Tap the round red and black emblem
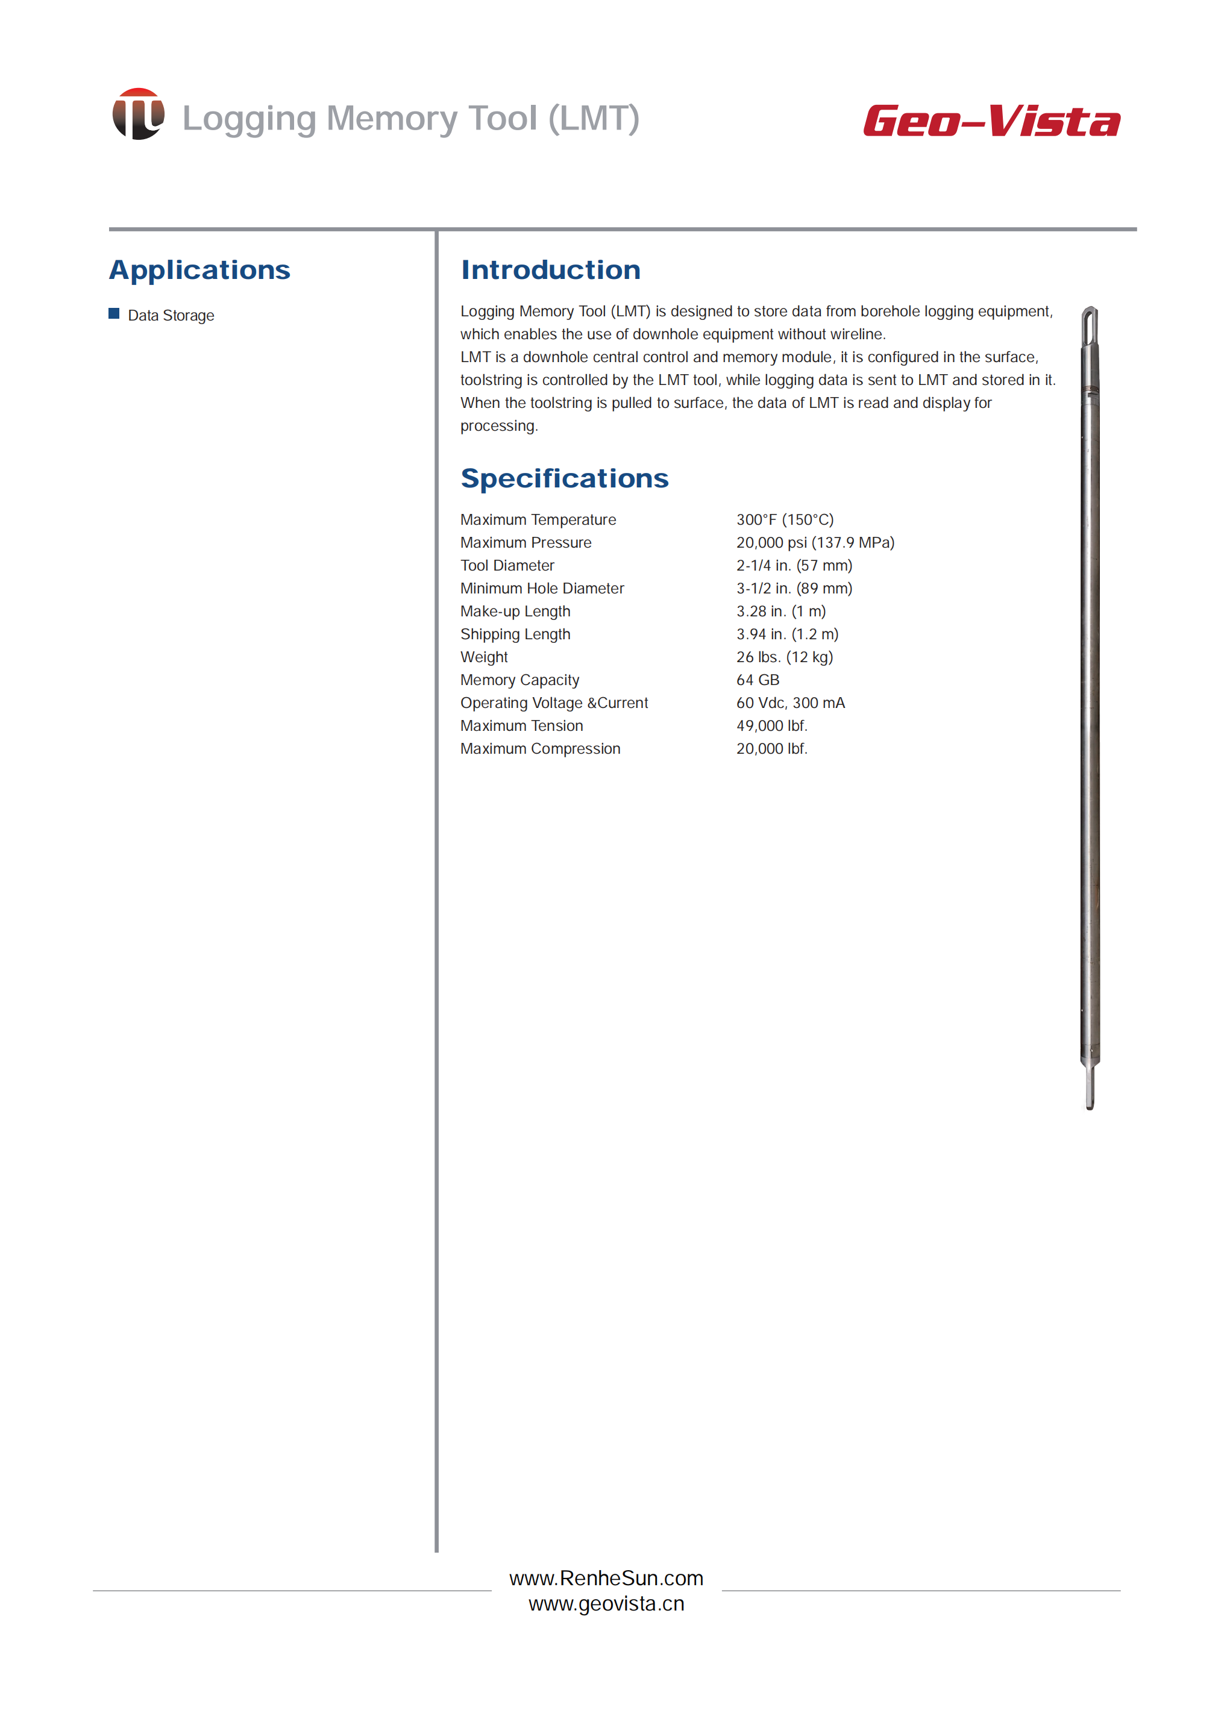[x=138, y=114]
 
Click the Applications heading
[x=199, y=271]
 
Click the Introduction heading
[x=551, y=271]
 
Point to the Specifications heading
[x=564, y=478]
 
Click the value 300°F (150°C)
[x=785, y=519]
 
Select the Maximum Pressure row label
[x=526, y=543]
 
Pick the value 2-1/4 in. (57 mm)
[x=794, y=566]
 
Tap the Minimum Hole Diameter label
[x=542, y=589]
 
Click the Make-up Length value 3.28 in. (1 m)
[x=781, y=611]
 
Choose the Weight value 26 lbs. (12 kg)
[x=784, y=657]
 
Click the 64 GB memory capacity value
[x=758, y=680]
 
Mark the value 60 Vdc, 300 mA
[x=790, y=703]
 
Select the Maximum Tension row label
[x=522, y=725]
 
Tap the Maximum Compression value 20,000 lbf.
[x=772, y=749]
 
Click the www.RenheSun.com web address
[x=606, y=1578]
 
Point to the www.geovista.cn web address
[x=606, y=1604]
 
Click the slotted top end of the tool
[x=1090, y=325]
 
